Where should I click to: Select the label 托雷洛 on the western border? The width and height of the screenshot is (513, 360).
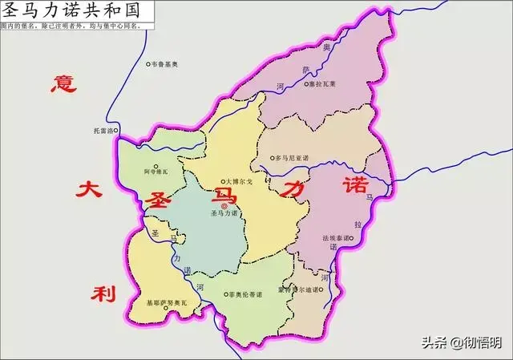coord(103,130)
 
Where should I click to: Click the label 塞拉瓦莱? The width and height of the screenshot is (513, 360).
coord(321,82)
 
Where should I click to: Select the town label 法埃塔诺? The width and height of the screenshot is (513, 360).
coord(337,238)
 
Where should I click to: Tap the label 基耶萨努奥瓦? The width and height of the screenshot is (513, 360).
coord(165,303)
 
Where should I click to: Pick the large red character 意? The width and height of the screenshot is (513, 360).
coord(61,83)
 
